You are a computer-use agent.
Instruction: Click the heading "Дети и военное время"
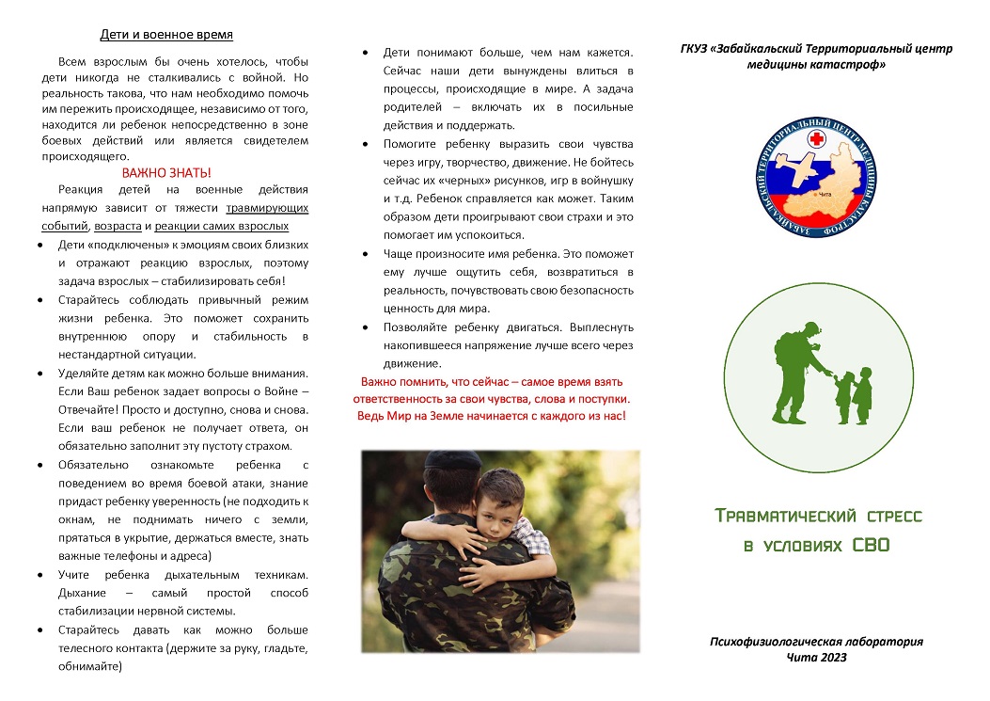click(x=166, y=37)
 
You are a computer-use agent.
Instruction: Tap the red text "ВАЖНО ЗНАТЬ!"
click(x=166, y=173)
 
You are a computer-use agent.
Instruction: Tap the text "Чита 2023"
click(x=816, y=657)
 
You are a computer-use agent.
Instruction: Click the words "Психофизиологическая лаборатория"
click(x=816, y=642)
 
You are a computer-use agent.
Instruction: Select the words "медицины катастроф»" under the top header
click(x=816, y=65)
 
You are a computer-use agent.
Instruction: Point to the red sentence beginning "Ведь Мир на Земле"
click(x=492, y=415)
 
